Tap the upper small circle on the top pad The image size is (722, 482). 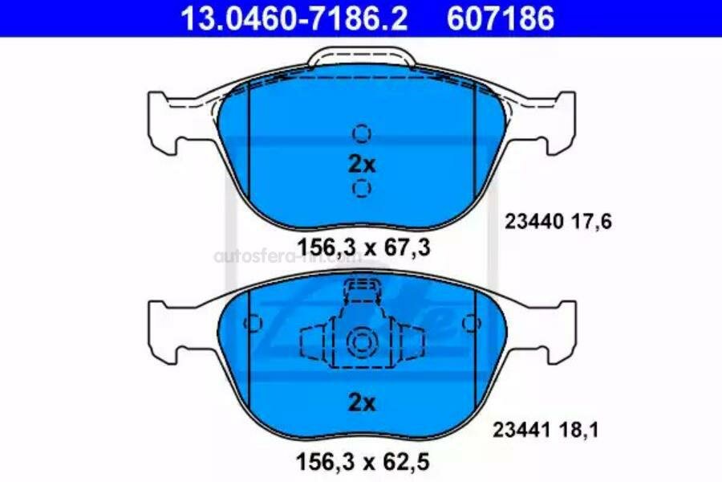[362, 133]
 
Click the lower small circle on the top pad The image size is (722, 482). [362, 189]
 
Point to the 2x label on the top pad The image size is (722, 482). [362, 164]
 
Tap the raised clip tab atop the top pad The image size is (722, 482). [362, 58]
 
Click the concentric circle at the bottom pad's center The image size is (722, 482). [362, 342]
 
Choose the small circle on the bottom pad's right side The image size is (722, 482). [471, 324]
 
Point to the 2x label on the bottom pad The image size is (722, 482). [362, 403]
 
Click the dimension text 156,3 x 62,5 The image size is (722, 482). [364, 464]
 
